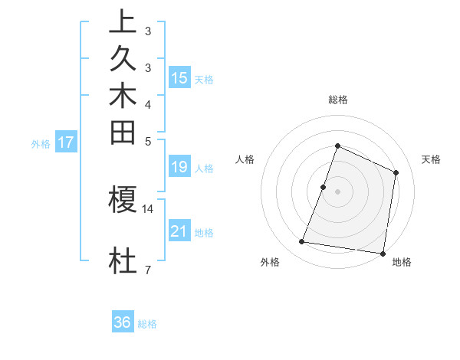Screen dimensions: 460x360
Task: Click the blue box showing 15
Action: click(x=179, y=78)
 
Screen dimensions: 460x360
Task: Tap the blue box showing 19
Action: click(x=179, y=168)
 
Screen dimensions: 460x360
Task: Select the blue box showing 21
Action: click(x=179, y=231)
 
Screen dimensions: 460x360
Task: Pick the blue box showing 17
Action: click(x=66, y=142)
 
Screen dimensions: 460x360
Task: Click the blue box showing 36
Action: click(x=123, y=323)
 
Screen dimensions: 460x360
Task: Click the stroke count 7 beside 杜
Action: click(x=147, y=270)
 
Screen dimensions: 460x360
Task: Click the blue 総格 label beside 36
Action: click(x=147, y=324)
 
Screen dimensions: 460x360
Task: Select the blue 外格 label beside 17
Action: click(x=41, y=143)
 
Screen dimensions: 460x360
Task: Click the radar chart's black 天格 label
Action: click(x=431, y=159)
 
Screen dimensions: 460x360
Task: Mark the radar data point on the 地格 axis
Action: click(x=383, y=254)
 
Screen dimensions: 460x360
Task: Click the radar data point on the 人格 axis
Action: click(x=324, y=186)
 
